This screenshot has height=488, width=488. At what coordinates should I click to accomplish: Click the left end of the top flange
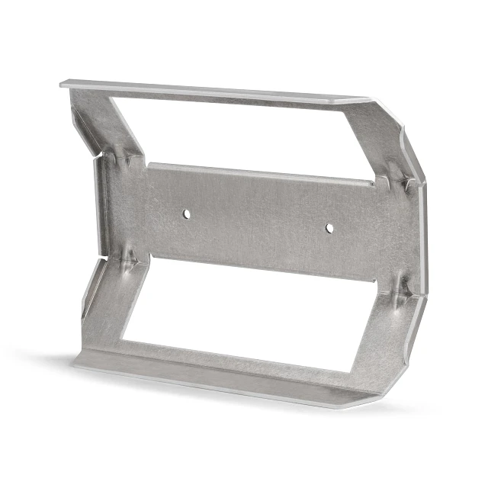[x=67, y=83]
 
